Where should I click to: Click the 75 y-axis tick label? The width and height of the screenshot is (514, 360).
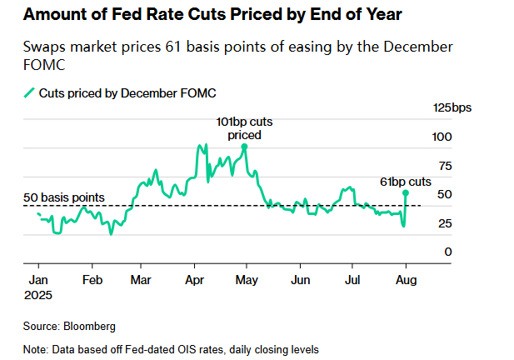[x=445, y=166]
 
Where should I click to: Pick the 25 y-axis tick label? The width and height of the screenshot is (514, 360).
[x=445, y=223]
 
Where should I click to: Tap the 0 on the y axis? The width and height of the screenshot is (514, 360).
[x=448, y=252]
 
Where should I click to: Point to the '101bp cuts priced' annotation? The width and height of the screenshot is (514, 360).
[x=244, y=128]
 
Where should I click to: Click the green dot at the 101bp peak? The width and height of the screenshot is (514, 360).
[x=244, y=147]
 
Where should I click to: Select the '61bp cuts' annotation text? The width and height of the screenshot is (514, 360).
[x=406, y=181]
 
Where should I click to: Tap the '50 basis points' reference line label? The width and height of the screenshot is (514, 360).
[x=63, y=197]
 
